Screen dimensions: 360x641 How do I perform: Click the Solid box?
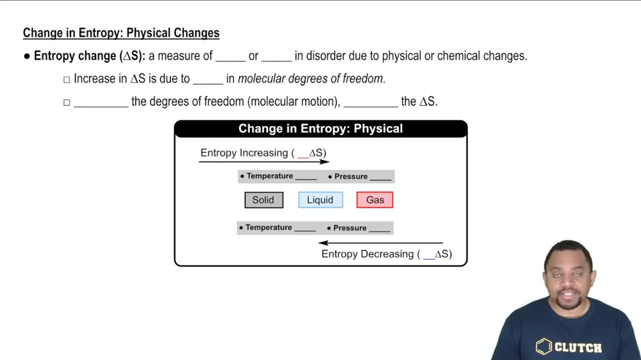pos(263,200)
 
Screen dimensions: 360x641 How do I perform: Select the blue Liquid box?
pos(320,200)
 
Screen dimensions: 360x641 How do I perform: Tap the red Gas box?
pos(375,200)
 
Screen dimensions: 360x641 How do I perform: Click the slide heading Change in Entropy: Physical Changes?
pos(121,33)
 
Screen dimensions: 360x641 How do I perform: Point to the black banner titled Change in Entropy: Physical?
pos(320,129)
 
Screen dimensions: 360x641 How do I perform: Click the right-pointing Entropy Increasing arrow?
pos(264,161)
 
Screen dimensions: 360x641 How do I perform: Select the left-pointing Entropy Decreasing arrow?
pos(381,243)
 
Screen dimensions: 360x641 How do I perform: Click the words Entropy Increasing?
pos(244,153)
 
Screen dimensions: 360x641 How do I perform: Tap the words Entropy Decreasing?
pos(367,254)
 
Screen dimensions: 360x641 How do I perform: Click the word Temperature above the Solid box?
pos(270,176)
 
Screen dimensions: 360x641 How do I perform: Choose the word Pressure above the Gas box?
pos(351,177)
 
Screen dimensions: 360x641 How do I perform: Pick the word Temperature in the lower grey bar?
pos(269,227)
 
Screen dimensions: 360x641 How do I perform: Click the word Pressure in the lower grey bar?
pos(350,228)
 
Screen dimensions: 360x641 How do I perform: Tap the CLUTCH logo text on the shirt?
pos(578,348)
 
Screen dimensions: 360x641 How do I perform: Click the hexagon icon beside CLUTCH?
pos(544,347)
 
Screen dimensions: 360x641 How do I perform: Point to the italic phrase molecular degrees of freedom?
pos(311,79)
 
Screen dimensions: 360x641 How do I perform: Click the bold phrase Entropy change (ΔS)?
pos(90,56)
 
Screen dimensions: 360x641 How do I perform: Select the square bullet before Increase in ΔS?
pos(67,79)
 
